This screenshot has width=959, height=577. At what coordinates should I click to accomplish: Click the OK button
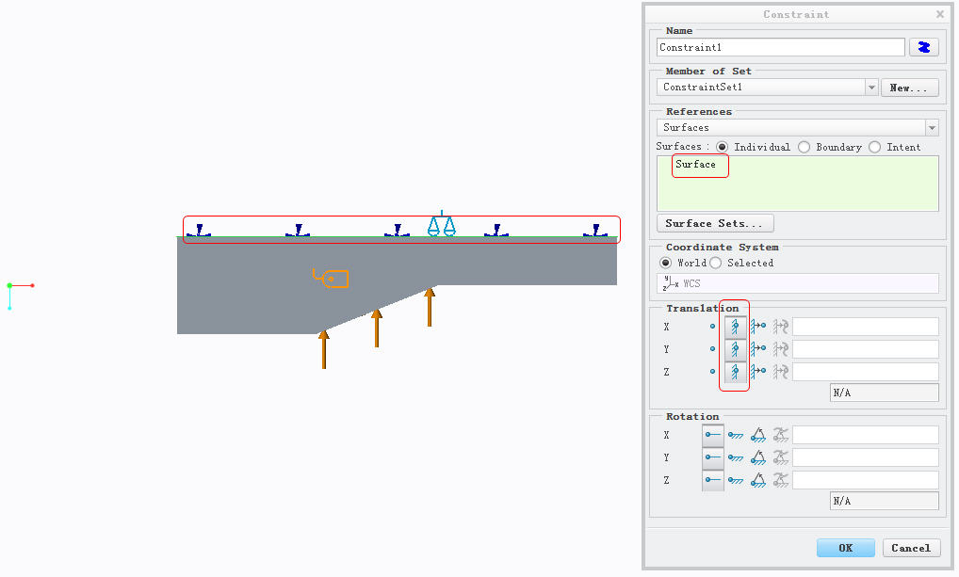coord(845,548)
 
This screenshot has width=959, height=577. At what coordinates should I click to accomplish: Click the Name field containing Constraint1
coord(780,47)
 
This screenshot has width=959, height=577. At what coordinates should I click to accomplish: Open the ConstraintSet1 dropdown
coord(871,88)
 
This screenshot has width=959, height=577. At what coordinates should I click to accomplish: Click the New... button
coord(909,88)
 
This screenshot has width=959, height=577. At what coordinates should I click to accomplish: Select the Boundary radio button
coord(805,147)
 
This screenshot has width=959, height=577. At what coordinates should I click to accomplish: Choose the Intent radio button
coord(874,147)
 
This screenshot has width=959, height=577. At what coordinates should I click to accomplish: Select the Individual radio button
coord(723,147)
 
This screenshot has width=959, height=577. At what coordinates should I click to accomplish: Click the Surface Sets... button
coord(715,223)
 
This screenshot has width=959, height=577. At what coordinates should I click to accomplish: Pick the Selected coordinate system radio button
coord(716,263)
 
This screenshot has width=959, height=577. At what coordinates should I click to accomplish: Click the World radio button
coord(665,263)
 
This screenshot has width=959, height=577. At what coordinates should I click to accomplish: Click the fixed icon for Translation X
coord(735,327)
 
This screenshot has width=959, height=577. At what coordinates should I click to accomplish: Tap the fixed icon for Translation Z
coord(735,372)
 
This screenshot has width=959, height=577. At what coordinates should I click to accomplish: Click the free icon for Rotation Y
coord(712,457)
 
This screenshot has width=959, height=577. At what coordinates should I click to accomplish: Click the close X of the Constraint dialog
coord(940,13)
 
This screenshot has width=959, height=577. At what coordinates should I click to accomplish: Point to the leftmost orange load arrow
coord(323,349)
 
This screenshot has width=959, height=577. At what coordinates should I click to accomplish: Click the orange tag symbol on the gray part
coord(332,278)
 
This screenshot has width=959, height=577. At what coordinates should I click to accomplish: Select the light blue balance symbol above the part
coord(442,224)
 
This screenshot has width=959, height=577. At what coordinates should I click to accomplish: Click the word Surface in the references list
coord(695,164)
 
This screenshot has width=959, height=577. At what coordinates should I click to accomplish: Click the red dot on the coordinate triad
coord(32,285)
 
